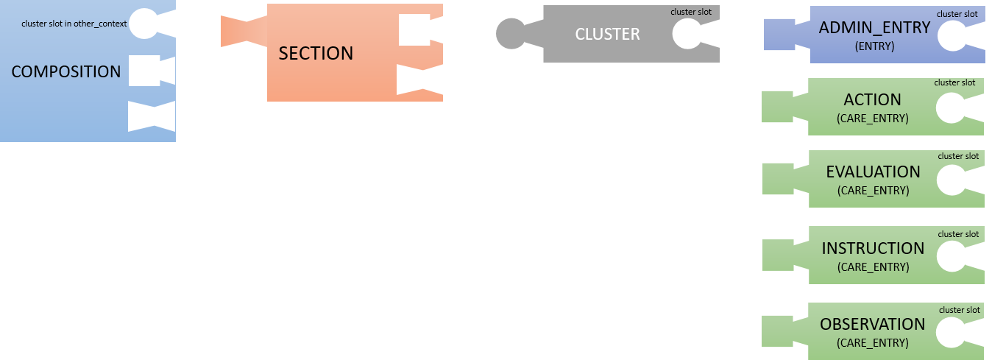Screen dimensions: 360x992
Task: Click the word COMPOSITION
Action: click(66, 71)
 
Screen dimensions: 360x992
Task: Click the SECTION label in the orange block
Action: click(316, 54)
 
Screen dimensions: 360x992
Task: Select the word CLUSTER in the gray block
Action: click(607, 34)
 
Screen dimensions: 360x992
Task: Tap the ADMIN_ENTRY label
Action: click(874, 28)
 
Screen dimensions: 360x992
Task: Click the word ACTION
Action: click(873, 99)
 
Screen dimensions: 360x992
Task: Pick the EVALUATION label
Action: click(873, 172)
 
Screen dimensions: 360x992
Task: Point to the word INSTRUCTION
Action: click(873, 248)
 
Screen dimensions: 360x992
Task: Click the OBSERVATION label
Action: click(873, 324)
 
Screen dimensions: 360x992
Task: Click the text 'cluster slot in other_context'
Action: click(74, 24)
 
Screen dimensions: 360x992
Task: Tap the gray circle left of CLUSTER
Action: click(510, 33)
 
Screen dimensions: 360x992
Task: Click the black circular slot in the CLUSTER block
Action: click(687, 34)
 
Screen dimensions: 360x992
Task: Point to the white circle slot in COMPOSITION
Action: click(144, 24)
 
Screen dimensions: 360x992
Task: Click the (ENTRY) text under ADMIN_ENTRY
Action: click(874, 46)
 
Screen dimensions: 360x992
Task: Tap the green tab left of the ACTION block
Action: click(784, 106)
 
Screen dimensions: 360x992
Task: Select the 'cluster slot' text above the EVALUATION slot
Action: click(957, 156)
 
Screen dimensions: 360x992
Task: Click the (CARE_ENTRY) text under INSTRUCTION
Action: click(873, 267)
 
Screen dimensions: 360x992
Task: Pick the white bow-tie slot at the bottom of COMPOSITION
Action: click(151, 116)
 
